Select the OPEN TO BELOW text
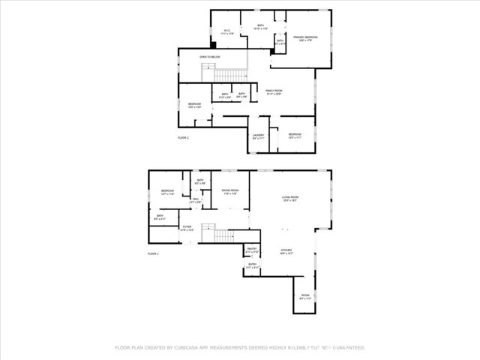(209, 57)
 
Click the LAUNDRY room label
(258, 136)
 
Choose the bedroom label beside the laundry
(295, 136)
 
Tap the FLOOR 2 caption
(183, 138)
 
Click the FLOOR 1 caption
(154, 254)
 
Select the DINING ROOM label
(230, 191)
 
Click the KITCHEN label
(286, 251)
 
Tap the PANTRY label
(252, 249)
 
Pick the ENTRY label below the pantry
(252, 265)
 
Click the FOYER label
(187, 228)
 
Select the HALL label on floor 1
(195, 201)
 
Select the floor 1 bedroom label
(167, 192)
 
